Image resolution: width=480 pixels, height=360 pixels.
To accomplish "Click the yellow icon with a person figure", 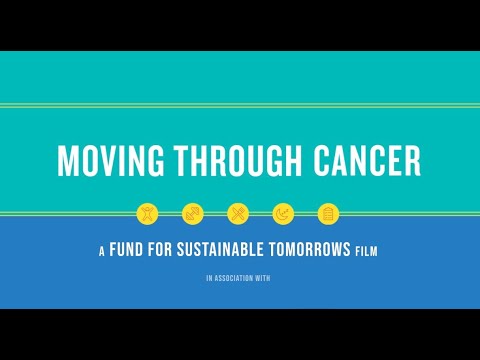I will pyautogui.click(x=148, y=213).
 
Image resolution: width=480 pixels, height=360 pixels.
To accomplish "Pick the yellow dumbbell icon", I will pyautogui.click(x=193, y=213).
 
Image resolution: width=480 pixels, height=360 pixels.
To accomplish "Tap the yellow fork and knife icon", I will pyautogui.click(x=238, y=213).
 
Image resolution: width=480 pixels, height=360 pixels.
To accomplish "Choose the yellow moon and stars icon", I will pyautogui.click(x=283, y=213).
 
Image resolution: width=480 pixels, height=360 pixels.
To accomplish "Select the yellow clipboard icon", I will pyautogui.click(x=327, y=213).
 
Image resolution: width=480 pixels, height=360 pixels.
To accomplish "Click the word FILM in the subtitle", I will pyautogui.click(x=367, y=253).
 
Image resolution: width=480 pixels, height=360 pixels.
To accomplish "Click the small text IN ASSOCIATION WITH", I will pyautogui.click(x=239, y=280).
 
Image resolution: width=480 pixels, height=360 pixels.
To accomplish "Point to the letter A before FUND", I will pyautogui.click(x=101, y=253).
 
